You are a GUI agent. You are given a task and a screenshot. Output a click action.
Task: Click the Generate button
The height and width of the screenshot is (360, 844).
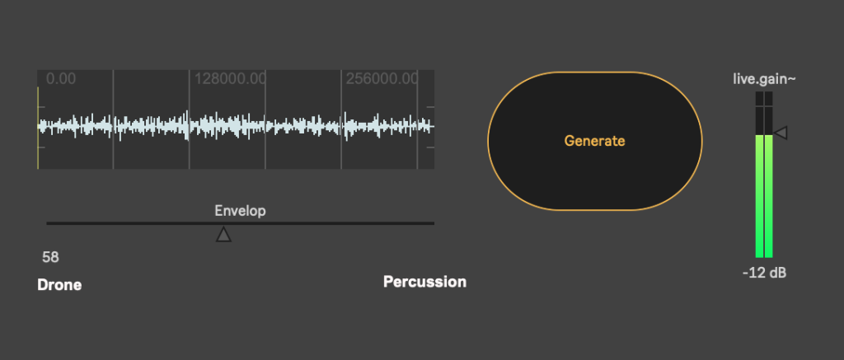(595, 141)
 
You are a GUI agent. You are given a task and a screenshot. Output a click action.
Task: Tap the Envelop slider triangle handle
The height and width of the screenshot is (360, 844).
(223, 234)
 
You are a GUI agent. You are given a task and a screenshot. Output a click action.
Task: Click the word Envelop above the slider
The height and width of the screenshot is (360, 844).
(240, 210)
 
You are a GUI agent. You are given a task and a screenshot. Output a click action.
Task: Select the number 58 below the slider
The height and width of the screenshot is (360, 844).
(50, 257)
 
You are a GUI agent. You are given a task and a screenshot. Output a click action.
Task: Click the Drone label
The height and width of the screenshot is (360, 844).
(59, 285)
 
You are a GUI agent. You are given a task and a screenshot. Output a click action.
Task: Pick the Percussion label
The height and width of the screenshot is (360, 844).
(424, 282)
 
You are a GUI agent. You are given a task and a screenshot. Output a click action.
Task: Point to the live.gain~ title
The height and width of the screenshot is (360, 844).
(764, 79)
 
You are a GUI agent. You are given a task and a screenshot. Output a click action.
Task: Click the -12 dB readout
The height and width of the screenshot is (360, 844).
(764, 273)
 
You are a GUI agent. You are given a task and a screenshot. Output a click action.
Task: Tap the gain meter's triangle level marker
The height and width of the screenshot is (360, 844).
(781, 133)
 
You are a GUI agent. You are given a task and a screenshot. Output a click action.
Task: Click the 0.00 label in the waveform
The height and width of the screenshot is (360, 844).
(61, 79)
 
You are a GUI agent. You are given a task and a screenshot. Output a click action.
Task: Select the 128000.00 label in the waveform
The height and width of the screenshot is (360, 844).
(231, 79)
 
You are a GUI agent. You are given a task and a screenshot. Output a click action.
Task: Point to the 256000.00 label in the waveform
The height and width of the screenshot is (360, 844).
(382, 79)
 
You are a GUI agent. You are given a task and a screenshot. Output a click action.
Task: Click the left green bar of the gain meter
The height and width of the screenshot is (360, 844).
(759, 196)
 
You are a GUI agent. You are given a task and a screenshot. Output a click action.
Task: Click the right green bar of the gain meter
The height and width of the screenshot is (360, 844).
(769, 196)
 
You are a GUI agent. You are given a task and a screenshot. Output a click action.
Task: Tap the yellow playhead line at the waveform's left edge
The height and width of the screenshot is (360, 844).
(38, 128)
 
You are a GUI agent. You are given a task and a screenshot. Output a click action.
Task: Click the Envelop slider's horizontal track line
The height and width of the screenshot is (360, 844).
(241, 222)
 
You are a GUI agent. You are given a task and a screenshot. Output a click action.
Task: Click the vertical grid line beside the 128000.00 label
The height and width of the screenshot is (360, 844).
(189, 119)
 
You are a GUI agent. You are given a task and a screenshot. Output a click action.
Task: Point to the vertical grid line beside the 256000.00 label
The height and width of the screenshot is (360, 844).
(340, 119)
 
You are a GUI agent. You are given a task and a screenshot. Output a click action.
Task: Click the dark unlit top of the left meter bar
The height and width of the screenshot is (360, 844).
(759, 114)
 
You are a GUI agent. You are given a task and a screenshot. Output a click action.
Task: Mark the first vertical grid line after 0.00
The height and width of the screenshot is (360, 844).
(113, 119)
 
